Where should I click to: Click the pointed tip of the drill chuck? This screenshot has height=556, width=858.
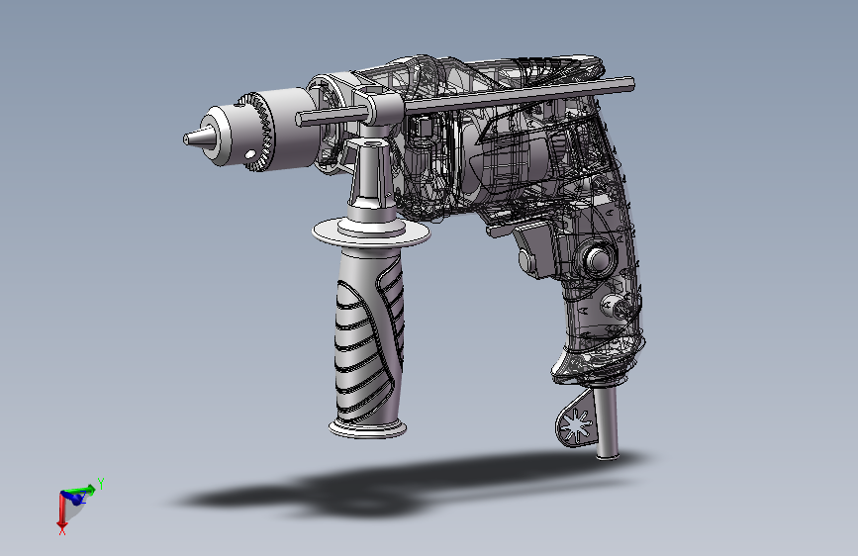185,139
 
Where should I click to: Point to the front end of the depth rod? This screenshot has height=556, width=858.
299,120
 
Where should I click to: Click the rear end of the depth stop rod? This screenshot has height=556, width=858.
631,84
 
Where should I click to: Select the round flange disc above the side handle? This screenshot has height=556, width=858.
371,233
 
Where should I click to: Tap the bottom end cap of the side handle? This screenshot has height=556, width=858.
368,429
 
